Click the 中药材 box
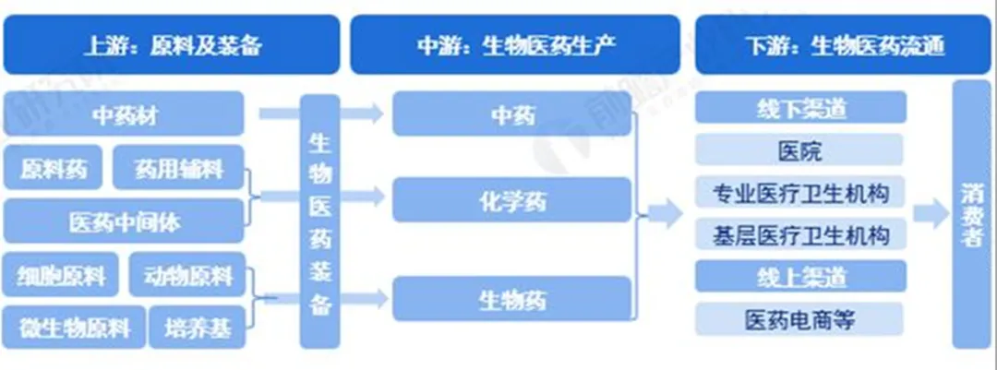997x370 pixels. click(x=124, y=114)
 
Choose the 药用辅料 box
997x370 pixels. click(x=179, y=169)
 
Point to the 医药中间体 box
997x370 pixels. click(x=124, y=221)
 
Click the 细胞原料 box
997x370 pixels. click(x=61, y=275)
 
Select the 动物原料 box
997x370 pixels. click(x=187, y=275)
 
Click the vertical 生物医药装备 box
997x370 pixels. click(x=320, y=221)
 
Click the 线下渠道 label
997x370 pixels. click(x=799, y=108)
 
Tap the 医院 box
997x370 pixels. click(x=799, y=150)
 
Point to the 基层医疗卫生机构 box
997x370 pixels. click(x=799, y=234)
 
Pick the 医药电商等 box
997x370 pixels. click(x=799, y=319)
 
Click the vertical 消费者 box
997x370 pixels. click(x=972, y=215)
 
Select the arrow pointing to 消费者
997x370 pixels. click(x=930, y=215)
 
